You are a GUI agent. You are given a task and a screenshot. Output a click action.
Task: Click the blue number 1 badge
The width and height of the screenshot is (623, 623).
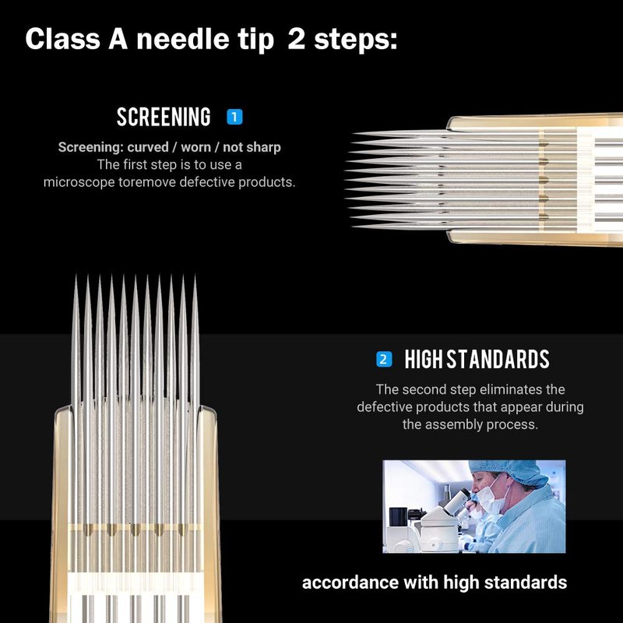pyautogui.click(x=234, y=117)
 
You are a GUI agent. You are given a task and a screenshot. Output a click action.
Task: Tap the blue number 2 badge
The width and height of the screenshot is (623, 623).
pyautogui.click(x=384, y=359)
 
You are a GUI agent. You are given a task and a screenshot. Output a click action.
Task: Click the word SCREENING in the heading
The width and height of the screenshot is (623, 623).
pyautogui.click(x=164, y=117)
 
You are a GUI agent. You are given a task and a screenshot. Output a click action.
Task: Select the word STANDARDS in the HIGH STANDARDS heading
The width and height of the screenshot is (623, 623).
pyautogui.click(x=498, y=359)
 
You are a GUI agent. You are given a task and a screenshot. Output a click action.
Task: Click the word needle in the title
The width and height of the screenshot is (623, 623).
pyautogui.click(x=183, y=39)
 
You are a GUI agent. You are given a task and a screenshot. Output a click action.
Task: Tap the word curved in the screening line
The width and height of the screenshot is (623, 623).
pyautogui.click(x=148, y=147)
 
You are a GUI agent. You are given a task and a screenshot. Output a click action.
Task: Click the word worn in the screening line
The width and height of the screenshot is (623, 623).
pyautogui.click(x=196, y=148)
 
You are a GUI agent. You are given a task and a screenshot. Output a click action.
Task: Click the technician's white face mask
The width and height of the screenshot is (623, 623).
pyautogui.click(x=491, y=497)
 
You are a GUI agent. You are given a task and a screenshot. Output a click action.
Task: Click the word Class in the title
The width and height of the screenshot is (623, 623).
pyautogui.click(x=62, y=39)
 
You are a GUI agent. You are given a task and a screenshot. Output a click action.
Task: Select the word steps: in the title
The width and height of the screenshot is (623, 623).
pyautogui.click(x=356, y=40)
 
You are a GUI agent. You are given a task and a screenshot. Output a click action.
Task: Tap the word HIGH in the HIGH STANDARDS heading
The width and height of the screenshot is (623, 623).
pyautogui.click(x=424, y=359)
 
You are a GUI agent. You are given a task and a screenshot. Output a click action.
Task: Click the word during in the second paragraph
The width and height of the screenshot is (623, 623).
pyautogui.click(x=565, y=407)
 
